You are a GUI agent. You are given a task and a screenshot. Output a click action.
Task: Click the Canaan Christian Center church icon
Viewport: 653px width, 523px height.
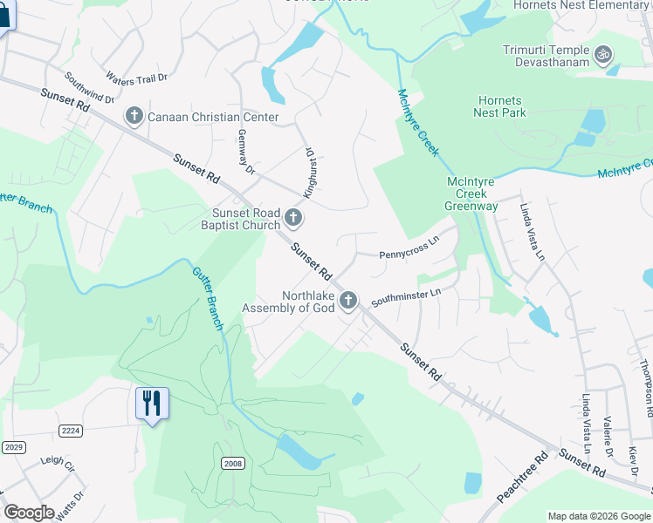(x=134, y=116)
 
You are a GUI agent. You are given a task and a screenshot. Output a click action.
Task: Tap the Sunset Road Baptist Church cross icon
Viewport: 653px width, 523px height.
(x=294, y=218)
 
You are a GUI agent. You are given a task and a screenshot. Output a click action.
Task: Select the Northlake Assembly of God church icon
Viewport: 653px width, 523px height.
(x=348, y=302)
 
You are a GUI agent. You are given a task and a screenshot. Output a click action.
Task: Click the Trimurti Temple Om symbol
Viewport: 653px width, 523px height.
(x=601, y=57)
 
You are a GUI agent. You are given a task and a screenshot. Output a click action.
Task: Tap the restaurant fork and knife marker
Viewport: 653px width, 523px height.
(x=152, y=403)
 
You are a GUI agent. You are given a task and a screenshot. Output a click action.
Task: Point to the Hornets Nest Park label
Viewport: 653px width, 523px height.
(x=499, y=106)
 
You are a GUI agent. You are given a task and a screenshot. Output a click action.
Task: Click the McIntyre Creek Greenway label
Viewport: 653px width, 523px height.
(x=471, y=194)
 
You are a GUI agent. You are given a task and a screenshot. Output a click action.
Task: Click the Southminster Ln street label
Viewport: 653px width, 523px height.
(x=406, y=298)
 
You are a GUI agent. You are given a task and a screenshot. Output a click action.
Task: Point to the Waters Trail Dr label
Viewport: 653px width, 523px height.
(x=136, y=79)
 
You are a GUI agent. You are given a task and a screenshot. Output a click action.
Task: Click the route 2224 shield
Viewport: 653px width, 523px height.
(x=72, y=431)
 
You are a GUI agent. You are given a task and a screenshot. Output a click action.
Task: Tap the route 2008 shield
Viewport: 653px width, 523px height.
(x=231, y=463)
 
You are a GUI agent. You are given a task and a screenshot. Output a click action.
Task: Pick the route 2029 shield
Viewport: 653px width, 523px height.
(x=14, y=447)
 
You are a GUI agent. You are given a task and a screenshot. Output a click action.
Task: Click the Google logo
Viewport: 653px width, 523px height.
(x=29, y=513)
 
